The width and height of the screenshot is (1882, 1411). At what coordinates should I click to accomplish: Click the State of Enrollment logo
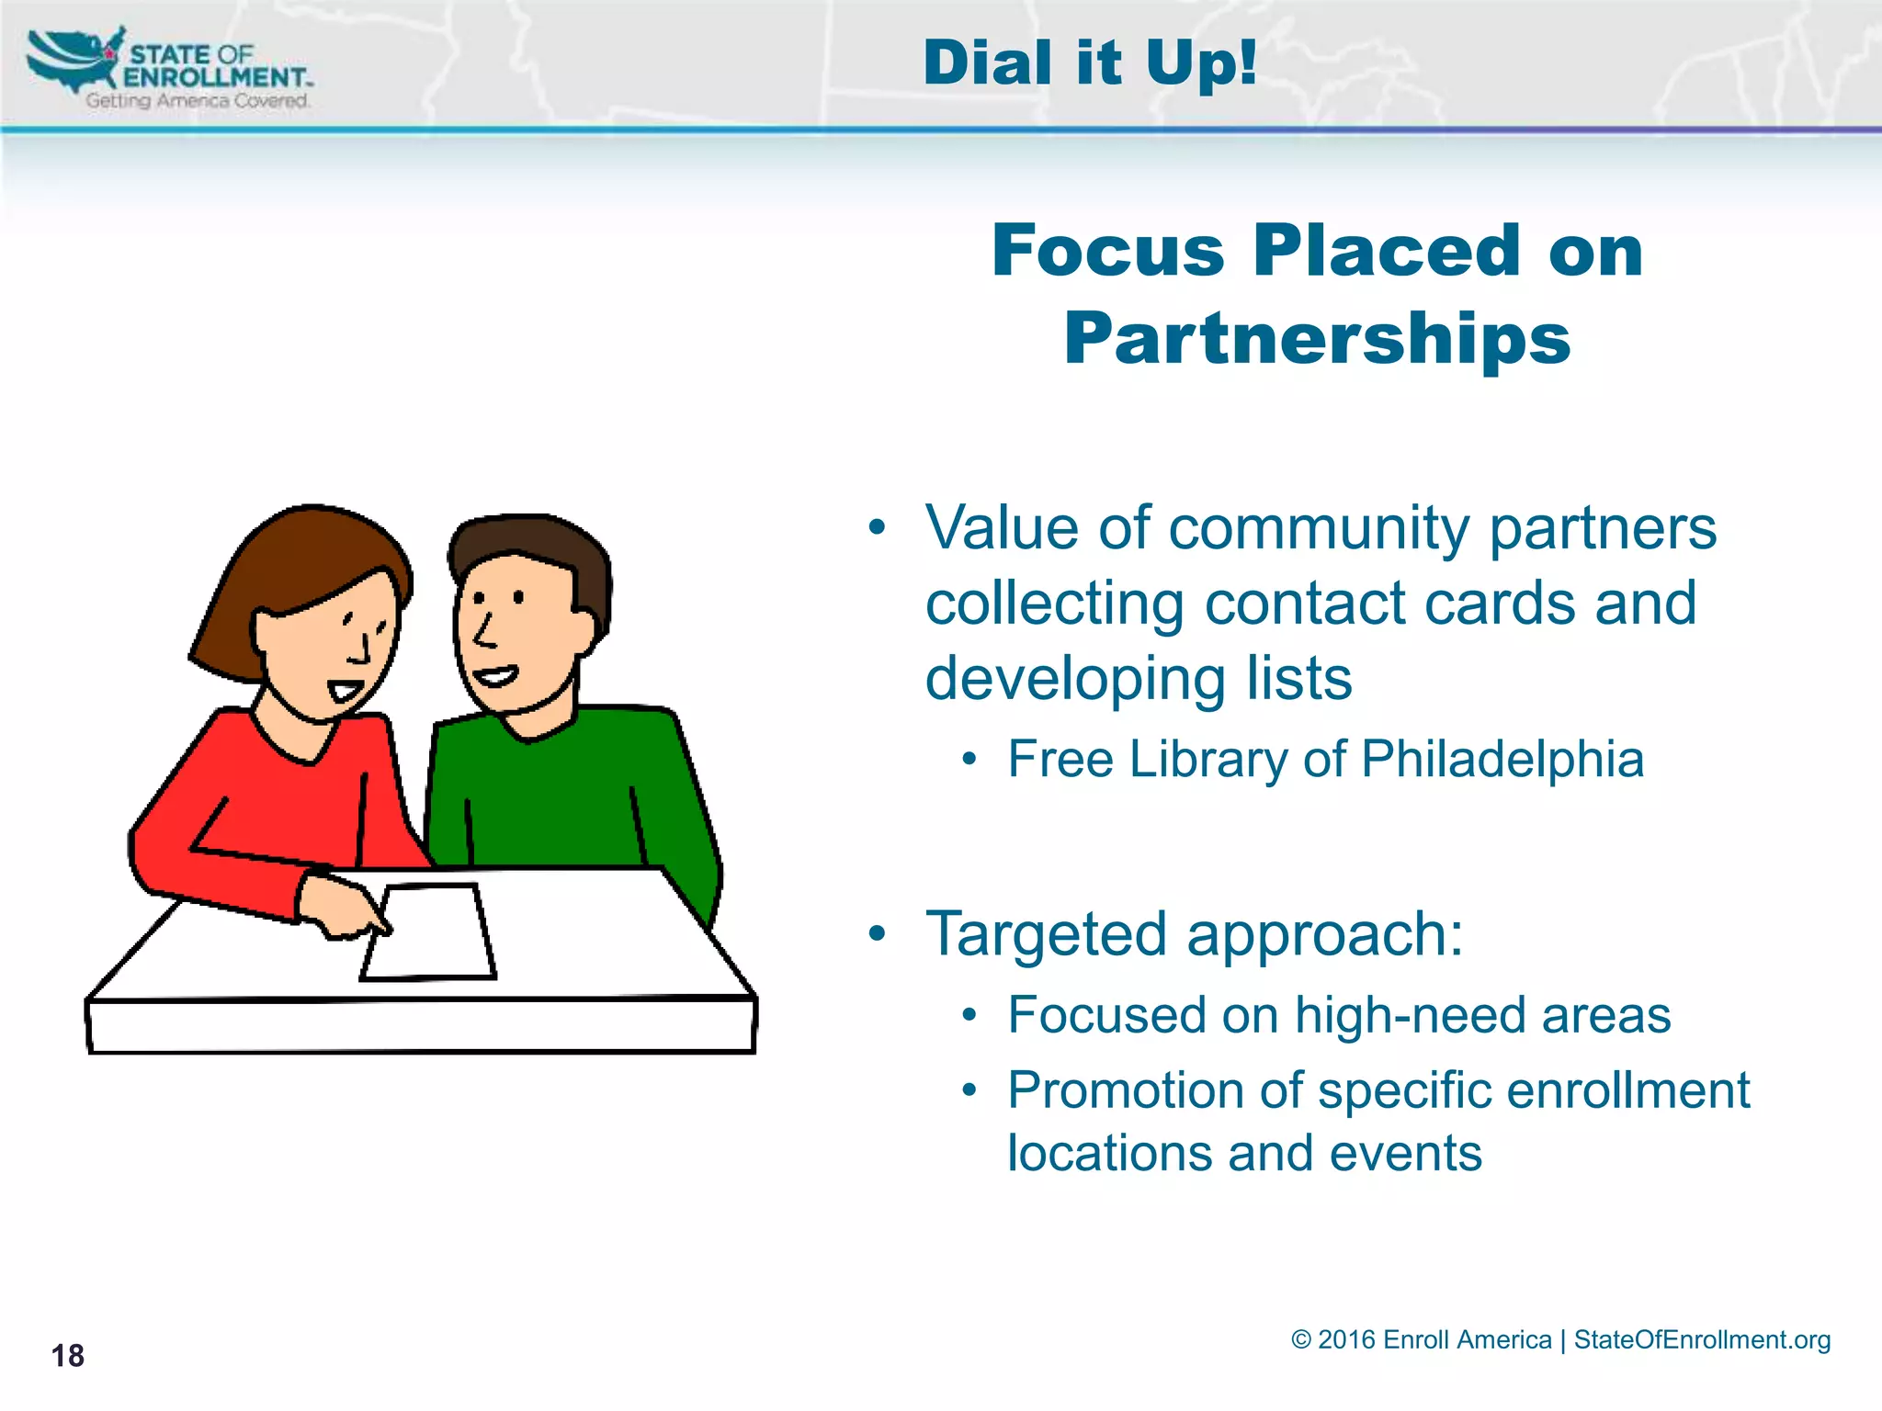tap(170, 68)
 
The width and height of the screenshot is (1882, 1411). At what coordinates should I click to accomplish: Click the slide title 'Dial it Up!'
tap(1089, 63)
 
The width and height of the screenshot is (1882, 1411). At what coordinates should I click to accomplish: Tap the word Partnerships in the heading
tap(1317, 339)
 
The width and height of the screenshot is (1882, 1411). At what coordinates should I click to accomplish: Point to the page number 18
tap(67, 1356)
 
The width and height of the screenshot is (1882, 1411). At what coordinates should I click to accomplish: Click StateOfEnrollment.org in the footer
tap(1702, 1339)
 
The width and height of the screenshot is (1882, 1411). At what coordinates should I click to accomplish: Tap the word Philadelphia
tap(1502, 759)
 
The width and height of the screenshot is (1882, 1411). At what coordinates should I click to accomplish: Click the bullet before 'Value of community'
tap(877, 527)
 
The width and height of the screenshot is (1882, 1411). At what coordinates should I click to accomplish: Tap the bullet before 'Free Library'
tap(969, 760)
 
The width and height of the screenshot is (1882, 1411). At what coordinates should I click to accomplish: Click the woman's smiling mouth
tap(346, 688)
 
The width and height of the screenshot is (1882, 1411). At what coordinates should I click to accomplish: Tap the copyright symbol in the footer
tap(1300, 1339)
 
